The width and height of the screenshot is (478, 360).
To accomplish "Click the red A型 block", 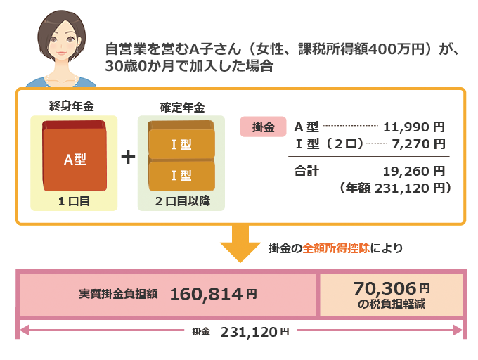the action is coord(75,156).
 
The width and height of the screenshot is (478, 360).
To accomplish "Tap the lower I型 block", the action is coord(181,174).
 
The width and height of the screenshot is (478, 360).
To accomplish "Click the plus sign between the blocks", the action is coord(128,157).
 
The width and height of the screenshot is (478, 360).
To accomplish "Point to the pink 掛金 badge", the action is coord(263,127).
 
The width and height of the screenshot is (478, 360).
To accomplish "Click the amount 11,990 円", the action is coord(414,127).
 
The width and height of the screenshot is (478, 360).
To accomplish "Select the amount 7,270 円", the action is coord(418,143).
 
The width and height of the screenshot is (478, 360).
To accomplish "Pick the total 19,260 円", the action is coord(414,172).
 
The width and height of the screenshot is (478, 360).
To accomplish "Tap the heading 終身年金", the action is coord(72,106).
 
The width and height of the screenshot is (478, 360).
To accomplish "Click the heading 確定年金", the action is coord(182,108).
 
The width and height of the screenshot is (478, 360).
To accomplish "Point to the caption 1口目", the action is coord(74,201).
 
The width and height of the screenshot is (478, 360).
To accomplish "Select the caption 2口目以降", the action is coord(182,201).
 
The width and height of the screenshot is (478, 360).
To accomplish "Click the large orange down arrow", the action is coord(240,243).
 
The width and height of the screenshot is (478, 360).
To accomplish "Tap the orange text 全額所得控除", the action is coord(336,248).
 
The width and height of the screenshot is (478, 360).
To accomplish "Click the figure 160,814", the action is coord(206,295).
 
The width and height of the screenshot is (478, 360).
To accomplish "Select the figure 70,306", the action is coord(385,288).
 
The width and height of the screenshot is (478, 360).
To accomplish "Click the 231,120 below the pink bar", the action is coord(248,332).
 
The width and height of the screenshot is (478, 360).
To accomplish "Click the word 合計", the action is coord(306,172).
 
